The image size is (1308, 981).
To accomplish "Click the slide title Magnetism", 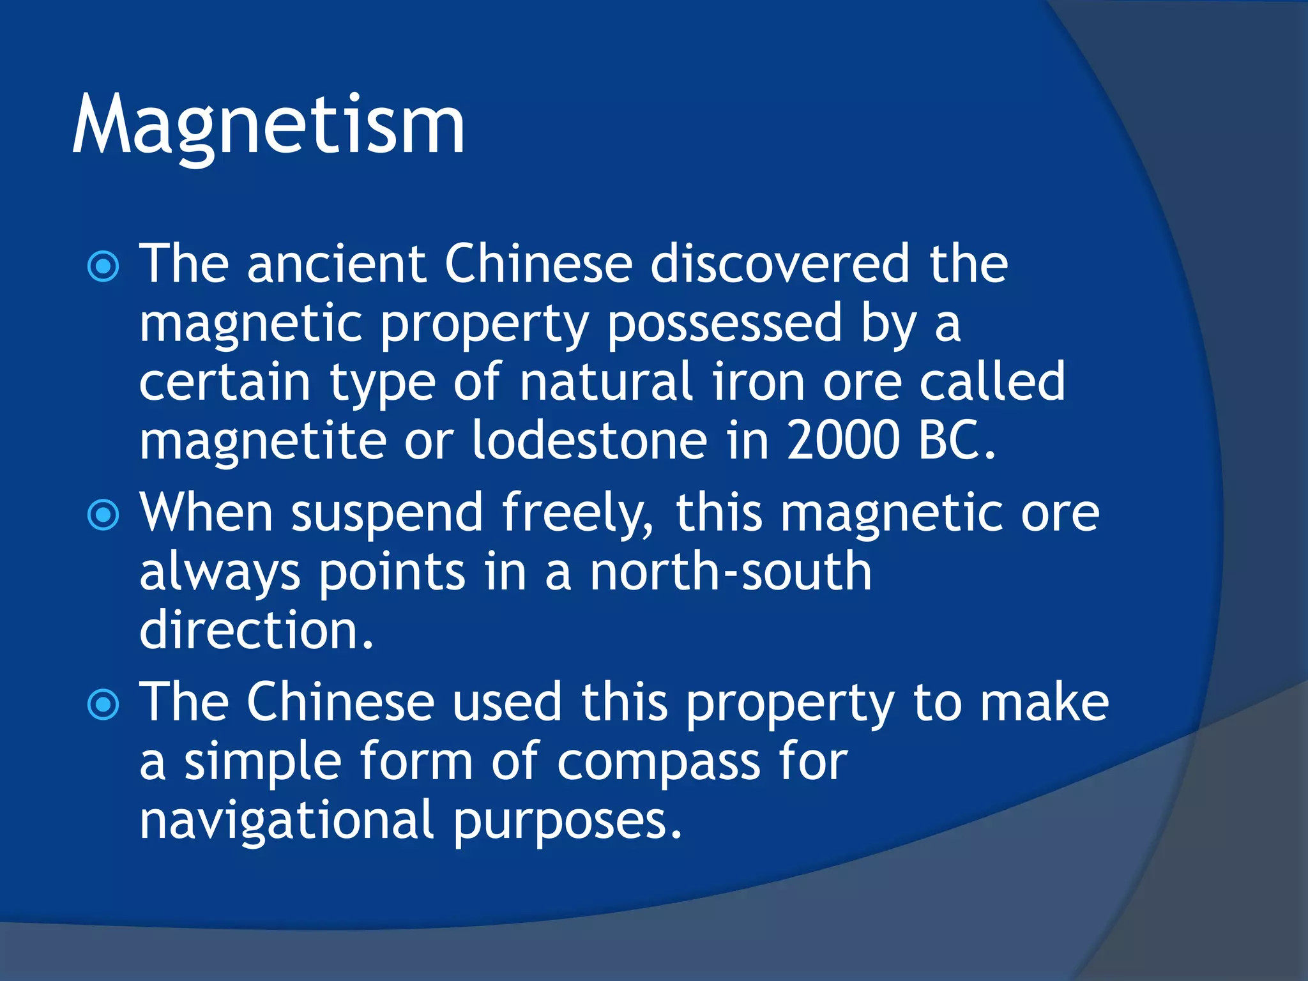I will pos(268,126).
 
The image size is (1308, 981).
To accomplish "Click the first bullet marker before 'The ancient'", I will pos(103,266).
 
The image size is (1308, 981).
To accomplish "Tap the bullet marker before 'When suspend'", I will pos(103,515).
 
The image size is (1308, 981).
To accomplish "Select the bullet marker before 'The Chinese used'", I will pos(103,704).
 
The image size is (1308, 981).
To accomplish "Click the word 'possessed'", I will pos(724,323).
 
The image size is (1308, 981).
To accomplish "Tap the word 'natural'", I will pos(606,382).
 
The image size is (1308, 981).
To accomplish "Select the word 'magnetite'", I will pos(262,441).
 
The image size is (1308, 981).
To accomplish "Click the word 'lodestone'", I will pos(589,441).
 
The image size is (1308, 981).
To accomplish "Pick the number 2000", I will pos(843,441).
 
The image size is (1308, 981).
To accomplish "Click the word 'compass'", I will pos(658,762).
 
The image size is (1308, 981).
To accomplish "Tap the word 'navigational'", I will pos(287,821).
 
